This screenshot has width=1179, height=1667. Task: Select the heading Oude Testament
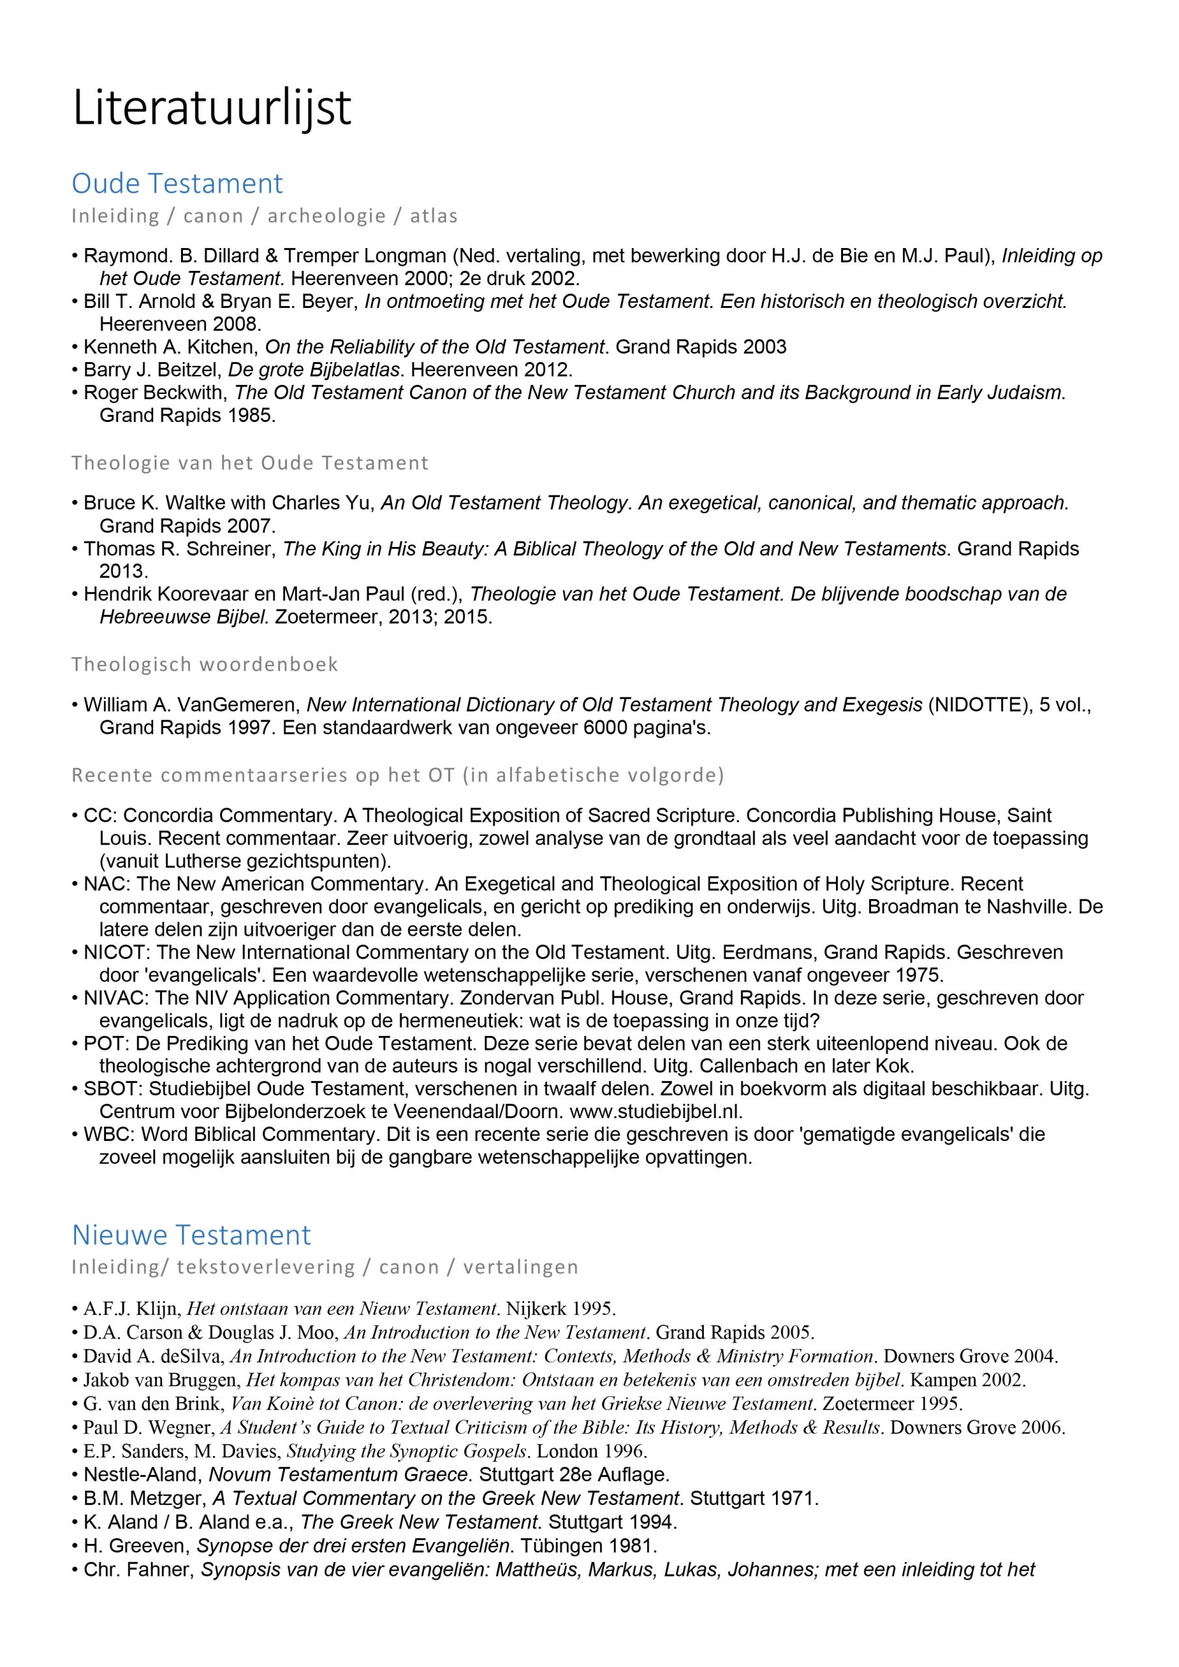177,183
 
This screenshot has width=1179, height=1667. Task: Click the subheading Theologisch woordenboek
204,664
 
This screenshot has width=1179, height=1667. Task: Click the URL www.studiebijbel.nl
656,1112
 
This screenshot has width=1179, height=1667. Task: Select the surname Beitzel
187,370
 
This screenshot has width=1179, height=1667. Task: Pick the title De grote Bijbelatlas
314,370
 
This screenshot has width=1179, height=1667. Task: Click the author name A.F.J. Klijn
131,1309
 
